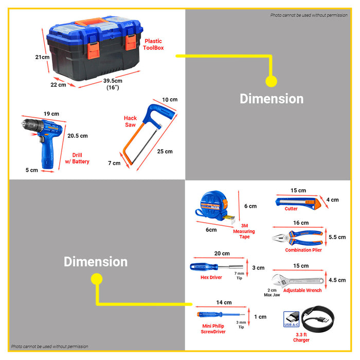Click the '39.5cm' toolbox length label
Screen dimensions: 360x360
pos(113,81)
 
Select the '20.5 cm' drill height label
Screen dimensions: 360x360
pos(78,136)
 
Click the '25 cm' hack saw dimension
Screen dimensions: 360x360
pos(165,151)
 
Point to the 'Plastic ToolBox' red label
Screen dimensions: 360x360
pos(153,44)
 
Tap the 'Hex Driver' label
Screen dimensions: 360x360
pos(211,277)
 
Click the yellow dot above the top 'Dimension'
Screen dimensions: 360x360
pos(271,81)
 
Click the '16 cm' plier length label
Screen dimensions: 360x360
pos(301,223)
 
